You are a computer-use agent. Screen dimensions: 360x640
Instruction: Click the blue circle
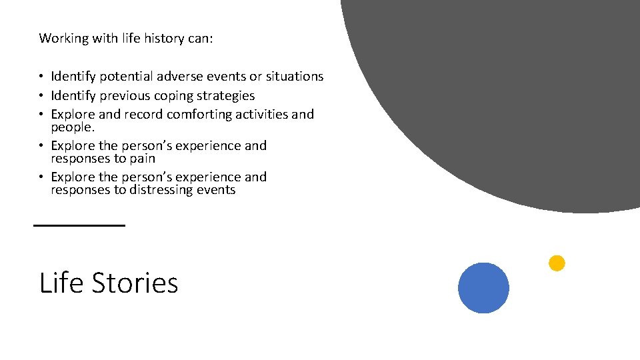(x=483, y=288)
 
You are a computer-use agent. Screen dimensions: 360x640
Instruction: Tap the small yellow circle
(x=557, y=263)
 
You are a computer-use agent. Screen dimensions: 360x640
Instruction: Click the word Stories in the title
(x=135, y=283)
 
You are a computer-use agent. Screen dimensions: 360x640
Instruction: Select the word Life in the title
(x=62, y=283)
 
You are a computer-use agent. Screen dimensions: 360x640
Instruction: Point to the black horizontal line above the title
(x=79, y=226)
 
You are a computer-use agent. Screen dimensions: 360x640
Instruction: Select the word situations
(x=292, y=77)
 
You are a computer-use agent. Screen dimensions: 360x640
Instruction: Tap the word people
(x=71, y=127)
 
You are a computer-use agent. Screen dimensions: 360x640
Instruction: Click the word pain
(x=142, y=159)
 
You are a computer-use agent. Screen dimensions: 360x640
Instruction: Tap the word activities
(x=263, y=115)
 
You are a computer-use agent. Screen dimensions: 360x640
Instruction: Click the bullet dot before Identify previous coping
(x=42, y=96)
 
